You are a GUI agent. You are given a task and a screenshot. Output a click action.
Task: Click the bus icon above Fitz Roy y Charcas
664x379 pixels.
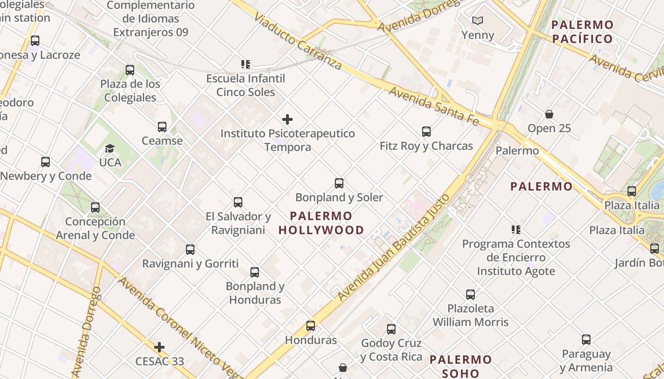click(426, 132)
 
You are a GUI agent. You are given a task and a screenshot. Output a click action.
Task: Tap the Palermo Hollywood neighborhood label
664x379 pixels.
click(321, 223)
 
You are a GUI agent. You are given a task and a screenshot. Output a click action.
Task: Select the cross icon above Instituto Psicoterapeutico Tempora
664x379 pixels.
click(287, 119)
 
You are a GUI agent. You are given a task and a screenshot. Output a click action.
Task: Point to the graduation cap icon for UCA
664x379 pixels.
click(110, 149)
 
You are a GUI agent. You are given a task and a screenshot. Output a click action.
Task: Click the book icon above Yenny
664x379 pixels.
click(478, 21)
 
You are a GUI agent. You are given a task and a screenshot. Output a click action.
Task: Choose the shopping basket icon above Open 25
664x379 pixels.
click(549, 114)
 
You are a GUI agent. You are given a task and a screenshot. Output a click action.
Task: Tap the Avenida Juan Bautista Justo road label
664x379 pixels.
click(394, 247)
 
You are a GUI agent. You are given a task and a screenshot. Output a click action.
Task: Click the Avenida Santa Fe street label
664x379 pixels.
click(433, 106)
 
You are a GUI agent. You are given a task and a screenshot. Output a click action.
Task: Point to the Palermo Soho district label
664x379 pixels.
click(461, 366)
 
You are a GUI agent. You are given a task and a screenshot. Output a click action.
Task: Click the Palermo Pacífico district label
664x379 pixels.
click(583, 32)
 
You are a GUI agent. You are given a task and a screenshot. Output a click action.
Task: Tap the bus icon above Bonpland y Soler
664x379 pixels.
click(339, 183)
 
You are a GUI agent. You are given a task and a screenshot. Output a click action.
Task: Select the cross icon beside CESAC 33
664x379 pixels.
click(159, 347)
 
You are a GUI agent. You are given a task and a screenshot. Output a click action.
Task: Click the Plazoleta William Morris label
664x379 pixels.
click(470, 315)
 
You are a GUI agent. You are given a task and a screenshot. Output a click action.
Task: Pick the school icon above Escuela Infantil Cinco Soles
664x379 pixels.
click(245, 64)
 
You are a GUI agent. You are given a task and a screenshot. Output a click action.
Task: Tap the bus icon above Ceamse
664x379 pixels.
click(162, 127)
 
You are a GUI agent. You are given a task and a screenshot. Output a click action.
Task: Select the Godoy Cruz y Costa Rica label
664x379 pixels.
click(391, 350)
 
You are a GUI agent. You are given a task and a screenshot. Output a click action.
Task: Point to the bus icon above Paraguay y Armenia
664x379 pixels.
click(586, 340)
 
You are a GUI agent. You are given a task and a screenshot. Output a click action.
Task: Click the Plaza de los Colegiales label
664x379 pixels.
click(130, 90)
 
